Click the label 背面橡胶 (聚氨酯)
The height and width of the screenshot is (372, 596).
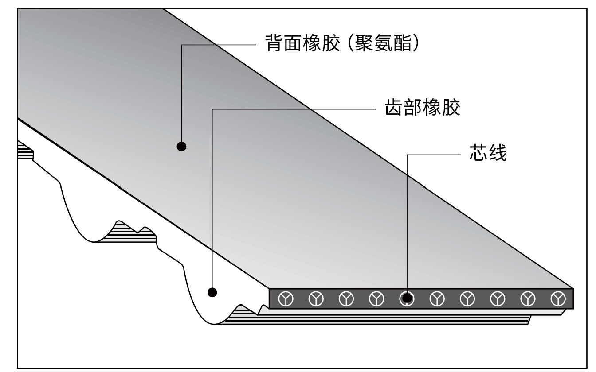tap(341, 44)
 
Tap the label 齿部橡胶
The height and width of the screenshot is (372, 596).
tap(422, 108)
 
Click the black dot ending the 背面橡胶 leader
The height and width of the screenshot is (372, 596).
tap(181, 146)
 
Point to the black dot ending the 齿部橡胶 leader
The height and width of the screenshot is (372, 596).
tap(212, 292)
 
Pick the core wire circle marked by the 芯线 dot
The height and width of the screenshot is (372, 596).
tap(407, 299)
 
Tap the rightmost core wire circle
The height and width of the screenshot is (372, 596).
tap(558, 299)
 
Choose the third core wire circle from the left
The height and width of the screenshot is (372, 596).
tap(346, 299)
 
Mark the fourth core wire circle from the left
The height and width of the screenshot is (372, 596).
tap(376, 299)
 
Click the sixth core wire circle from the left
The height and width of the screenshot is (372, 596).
tap(437, 299)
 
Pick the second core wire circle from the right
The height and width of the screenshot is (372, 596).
tap(528, 299)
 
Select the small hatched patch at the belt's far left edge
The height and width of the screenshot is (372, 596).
tap(26, 151)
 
